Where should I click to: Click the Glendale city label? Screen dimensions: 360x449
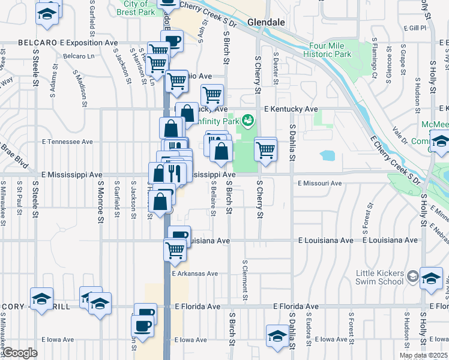tap(265, 22)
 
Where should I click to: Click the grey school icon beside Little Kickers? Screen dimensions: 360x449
tap(413, 276)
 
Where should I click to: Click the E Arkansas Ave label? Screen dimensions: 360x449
tap(195, 273)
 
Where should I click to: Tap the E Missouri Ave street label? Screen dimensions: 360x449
tap(319, 183)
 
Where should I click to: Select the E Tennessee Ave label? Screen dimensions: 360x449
tap(67, 142)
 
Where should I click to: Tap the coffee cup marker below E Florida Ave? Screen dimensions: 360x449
tap(143, 327)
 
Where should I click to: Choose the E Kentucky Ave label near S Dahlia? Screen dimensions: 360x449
tap(291, 109)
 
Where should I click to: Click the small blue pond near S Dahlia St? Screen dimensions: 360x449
tap(327, 156)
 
